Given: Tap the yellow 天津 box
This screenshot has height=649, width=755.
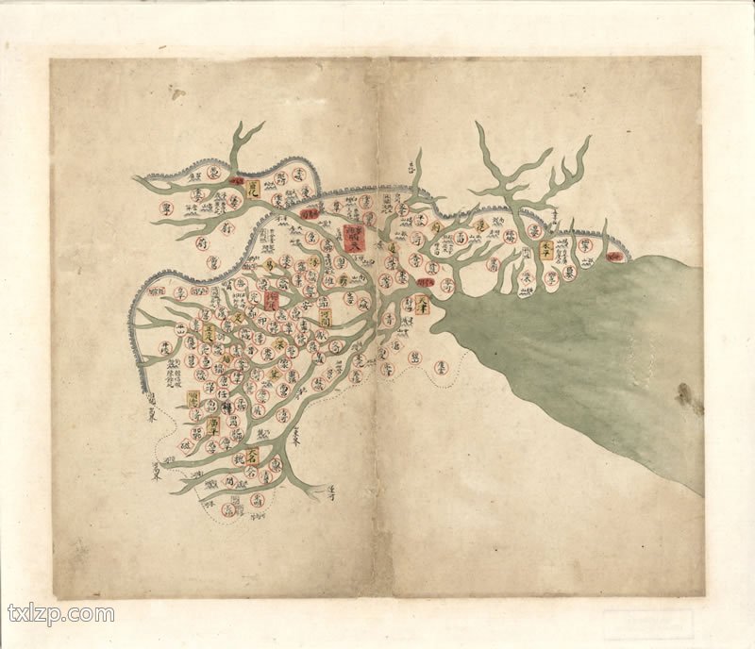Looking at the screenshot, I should (x=422, y=304).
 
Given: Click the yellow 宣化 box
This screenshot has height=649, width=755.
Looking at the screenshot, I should (x=252, y=189).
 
